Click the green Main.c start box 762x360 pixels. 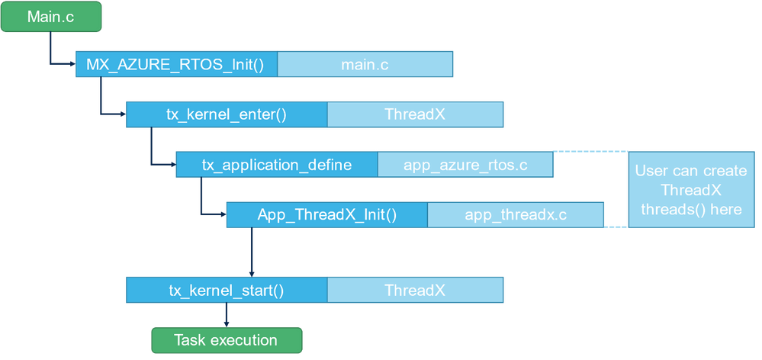click(51, 17)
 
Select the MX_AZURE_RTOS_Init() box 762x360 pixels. click(176, 64)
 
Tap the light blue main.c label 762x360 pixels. click(365, 64)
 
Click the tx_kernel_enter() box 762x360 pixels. click(227, 114)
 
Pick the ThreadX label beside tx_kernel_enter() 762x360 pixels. click(416, 114)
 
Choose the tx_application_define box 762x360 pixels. click(277, 165)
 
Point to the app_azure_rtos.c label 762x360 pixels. click(465, 165)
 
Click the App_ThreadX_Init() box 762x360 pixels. click(327, 215)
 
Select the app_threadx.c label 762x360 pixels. click(516, 215)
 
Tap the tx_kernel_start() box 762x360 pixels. click(227, 290)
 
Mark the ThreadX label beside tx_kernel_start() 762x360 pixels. click(416, 290)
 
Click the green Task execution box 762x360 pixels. click(227, 340)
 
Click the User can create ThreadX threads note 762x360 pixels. click(691, 190)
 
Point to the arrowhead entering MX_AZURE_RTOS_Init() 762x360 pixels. click(73, 63)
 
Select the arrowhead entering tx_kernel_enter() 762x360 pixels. click(123, 114)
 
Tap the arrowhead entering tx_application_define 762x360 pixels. click(173, 164)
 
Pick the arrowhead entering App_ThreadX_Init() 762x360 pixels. click(223, 214)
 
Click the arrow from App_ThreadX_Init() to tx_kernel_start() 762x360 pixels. click(252, 252)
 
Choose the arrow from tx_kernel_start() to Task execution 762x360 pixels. click(227, 315)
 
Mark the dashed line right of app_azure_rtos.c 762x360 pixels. click(590, 152)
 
